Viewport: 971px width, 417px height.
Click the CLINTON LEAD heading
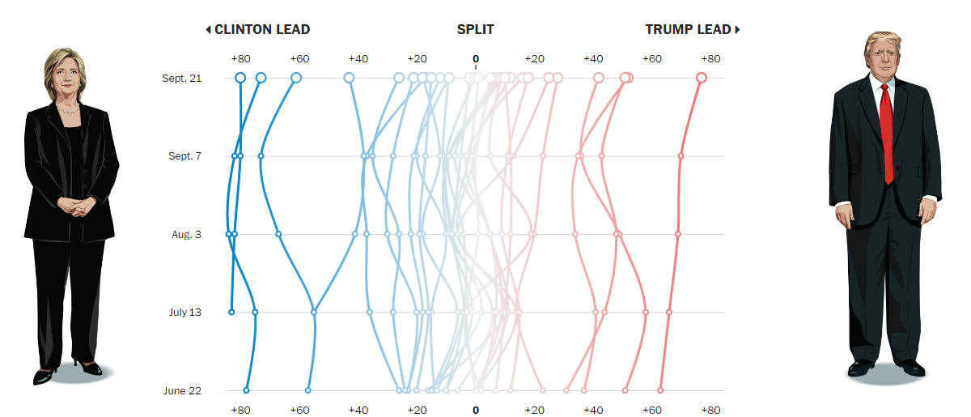click(261, 30)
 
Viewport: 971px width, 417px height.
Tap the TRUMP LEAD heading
click(688, 30)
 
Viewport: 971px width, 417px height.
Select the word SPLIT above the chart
click(475, 30)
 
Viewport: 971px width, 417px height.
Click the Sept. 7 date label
click(185, 156)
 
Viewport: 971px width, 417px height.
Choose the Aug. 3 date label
click(188, 235)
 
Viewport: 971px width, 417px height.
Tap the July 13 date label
click(186, 313)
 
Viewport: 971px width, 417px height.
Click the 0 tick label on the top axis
click(476, 59)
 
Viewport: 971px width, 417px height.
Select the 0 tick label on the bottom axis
click(476, 411)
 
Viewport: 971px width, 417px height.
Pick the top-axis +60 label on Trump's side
click(652, 59)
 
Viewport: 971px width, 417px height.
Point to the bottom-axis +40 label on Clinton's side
click(358, 411)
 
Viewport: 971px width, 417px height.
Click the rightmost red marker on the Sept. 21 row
click(702, 78)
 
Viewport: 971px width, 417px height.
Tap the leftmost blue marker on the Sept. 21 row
click(240, 78)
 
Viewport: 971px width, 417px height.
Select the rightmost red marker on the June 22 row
click(660, 390)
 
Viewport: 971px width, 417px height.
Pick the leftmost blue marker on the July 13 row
click(231, 312)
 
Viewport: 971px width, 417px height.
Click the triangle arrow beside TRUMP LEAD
click(738, 30)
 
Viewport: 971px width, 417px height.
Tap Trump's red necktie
click(888, 130)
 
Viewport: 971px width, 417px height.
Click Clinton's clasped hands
click(71, 206)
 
